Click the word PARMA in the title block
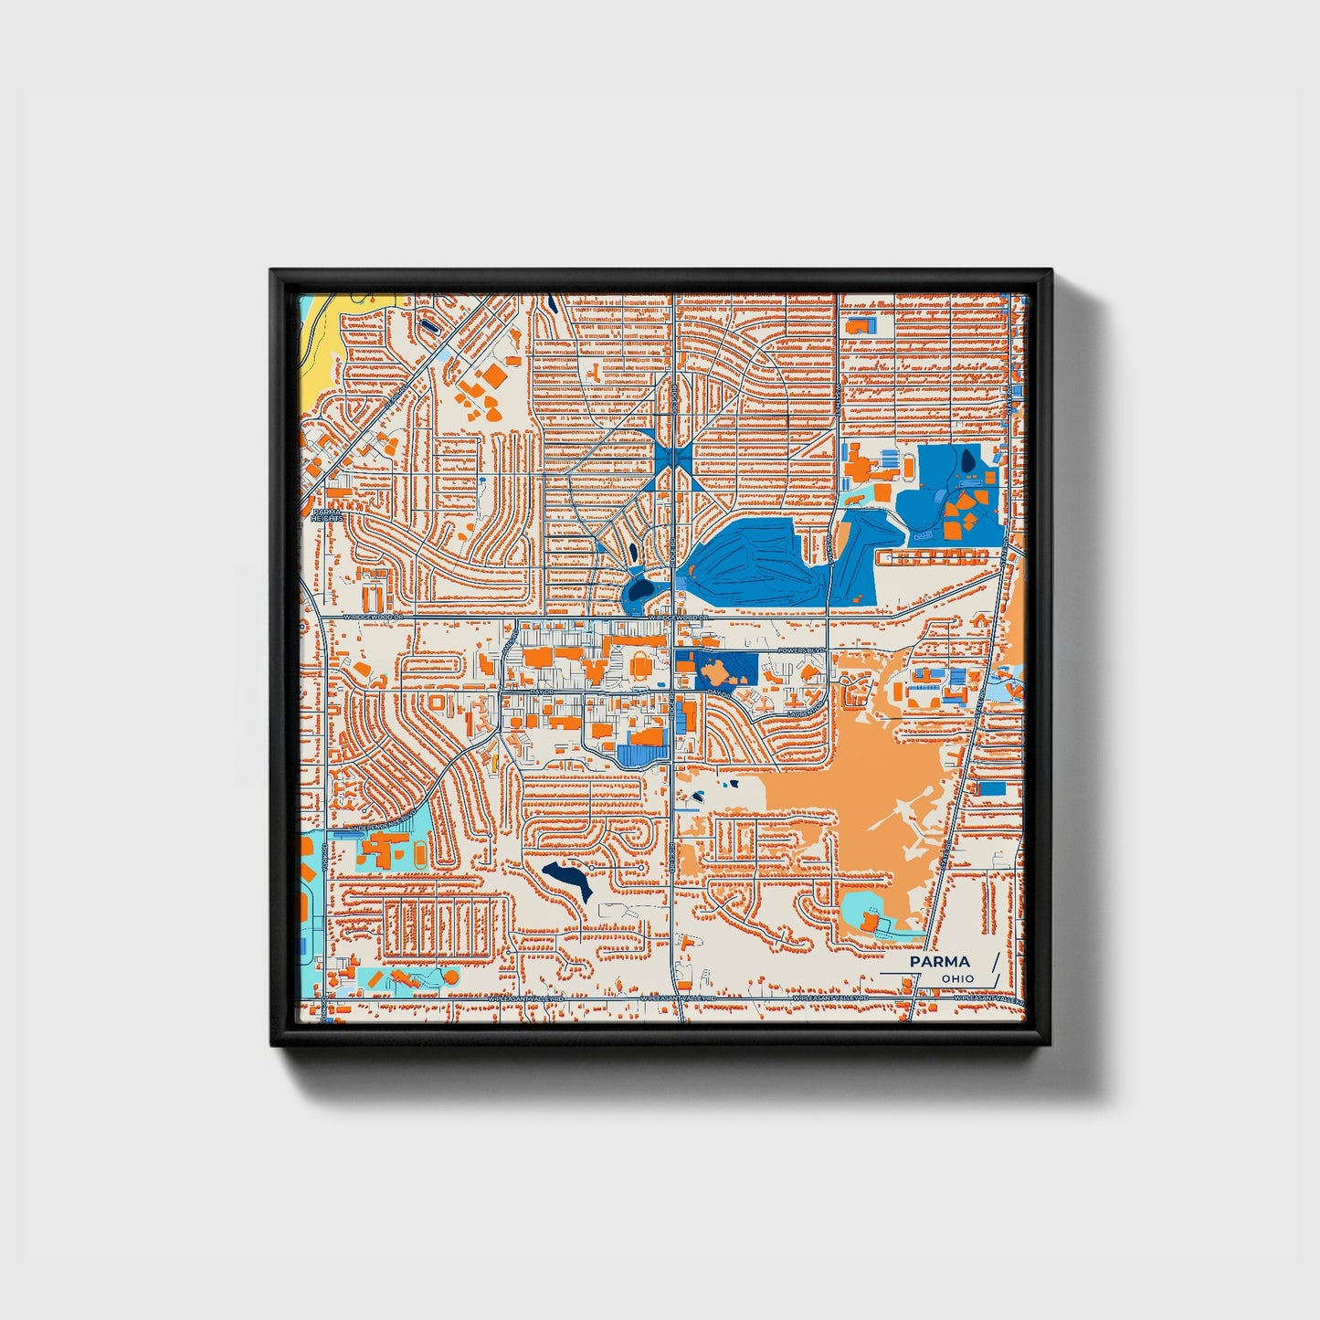tap(939, 962)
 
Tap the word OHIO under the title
tap(957, 979)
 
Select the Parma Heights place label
tap(327, 516)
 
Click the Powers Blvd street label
tap(801, 650)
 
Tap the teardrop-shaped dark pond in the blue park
tap(966, 461)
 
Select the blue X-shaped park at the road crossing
tap(674, 456)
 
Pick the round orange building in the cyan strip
tap(449, 977)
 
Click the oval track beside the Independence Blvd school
tap(418, 855)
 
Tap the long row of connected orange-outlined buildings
tap(932, 555)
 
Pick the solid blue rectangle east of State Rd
tap(992, 788)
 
